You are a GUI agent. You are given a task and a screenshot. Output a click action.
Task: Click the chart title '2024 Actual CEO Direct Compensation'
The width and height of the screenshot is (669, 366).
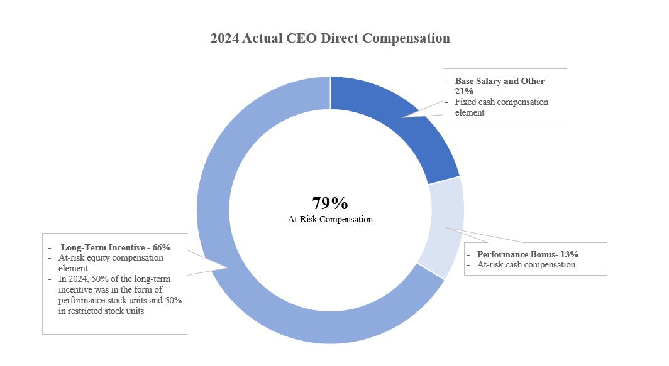[x=330, y=38]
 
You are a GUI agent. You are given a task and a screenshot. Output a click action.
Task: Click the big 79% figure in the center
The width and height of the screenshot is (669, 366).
[x=330, y=203]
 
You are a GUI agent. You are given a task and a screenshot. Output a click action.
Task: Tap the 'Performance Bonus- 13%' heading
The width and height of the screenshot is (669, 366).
[x=528, y=254]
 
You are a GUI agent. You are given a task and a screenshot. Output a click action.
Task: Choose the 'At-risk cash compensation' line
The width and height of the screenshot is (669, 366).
[x=526, y=264]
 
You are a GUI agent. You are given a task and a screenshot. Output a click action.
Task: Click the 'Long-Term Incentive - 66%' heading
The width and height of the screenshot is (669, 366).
[x=116, y=247]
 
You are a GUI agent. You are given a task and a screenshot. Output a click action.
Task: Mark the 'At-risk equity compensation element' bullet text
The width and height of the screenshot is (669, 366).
[x=111, y=262]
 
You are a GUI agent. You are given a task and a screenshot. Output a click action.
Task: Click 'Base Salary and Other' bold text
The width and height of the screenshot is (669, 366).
[x=496, y=82]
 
